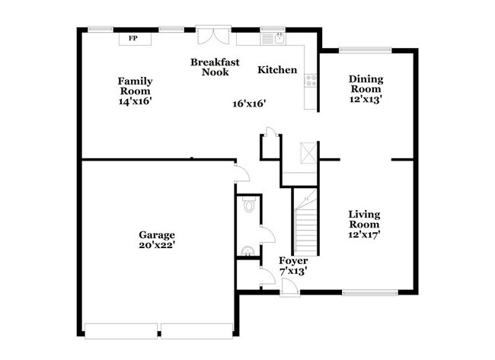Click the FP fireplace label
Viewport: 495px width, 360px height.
pos(133,37)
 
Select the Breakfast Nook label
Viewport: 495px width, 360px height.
pos(210,67)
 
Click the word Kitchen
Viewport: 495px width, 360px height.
pos(277,70)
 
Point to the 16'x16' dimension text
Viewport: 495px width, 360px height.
pos(249,104)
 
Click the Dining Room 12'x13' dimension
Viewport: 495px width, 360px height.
pos(366,98)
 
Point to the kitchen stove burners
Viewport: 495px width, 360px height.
pos(311,78)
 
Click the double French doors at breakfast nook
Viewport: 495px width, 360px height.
pos(209,37)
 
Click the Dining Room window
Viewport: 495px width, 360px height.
pos(366,50)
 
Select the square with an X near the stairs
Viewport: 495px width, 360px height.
pos(307,152)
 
